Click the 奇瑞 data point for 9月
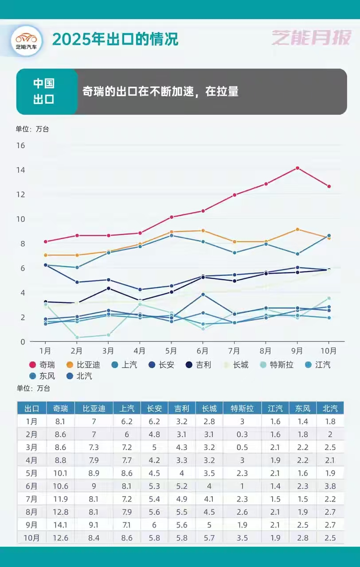pos(297,168)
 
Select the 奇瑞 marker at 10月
pos(329,186)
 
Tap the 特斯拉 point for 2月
pos(77,338)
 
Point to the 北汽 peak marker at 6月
pos(203,295)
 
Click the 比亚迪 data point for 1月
pos(45,255)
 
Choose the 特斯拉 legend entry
pos(277,365)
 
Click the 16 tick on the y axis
pos(20,145)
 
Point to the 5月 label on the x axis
pos(172,351)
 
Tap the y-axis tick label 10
pos(20,219)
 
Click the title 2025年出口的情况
pos(115,39)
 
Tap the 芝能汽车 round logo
pos(27,40)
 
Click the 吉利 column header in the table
pos(182,408)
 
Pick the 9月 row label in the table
pos(31,525)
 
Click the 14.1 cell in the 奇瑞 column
pos(60,525)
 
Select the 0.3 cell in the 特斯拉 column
pos(242,435)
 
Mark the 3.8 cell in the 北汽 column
pos(330,486)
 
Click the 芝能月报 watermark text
pos(311,38)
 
